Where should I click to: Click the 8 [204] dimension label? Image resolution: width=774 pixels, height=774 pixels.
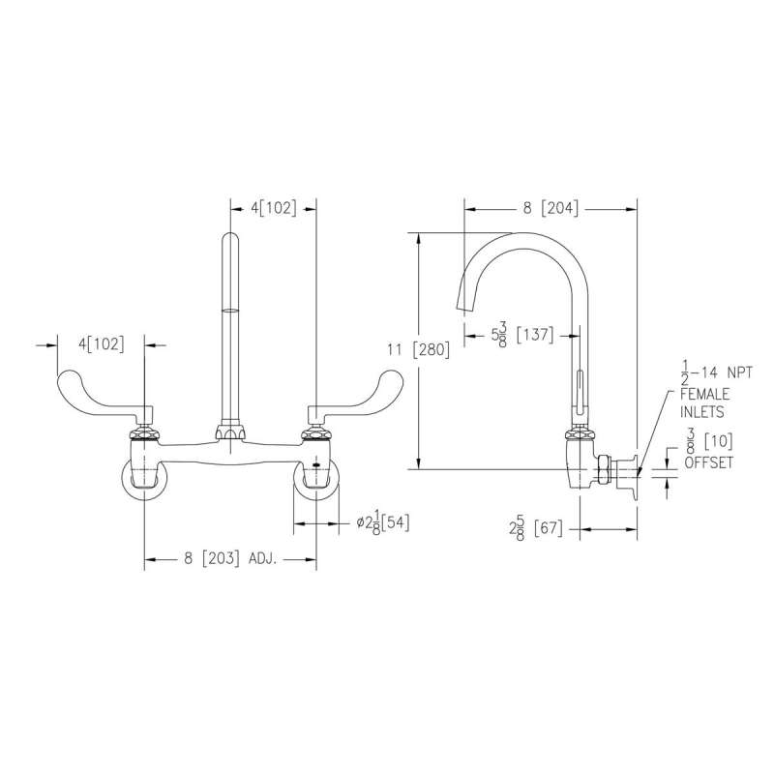(x=551, y=208)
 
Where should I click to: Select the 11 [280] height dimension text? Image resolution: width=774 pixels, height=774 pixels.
(x=419, y=350)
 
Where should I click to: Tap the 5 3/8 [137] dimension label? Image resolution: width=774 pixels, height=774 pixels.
(x=522, y=335)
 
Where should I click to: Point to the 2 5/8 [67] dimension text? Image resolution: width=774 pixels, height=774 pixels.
(x=536, y=529)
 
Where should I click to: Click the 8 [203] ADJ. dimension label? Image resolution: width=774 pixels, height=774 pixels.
(x=230, y=559)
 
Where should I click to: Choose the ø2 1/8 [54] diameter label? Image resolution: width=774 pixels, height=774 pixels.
(x=382, y=522)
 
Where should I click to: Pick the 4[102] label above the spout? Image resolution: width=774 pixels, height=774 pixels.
(x=274, y=208)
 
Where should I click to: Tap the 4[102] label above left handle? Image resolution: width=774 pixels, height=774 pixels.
(x=102, y=344)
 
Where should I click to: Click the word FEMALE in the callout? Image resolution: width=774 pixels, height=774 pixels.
(x=705, y=394)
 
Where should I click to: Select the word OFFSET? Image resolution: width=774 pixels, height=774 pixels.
(x=708, y=462)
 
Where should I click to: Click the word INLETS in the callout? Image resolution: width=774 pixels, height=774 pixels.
(x=702, y=412)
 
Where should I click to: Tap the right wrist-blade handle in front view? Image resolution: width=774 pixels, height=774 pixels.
(x=355, y=394)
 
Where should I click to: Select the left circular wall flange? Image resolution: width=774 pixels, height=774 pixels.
(x=144, y=479)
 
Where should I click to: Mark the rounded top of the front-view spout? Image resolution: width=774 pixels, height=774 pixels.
(x=230, y=239)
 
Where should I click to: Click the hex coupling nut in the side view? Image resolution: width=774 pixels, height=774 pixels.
(x=602, y=472)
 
